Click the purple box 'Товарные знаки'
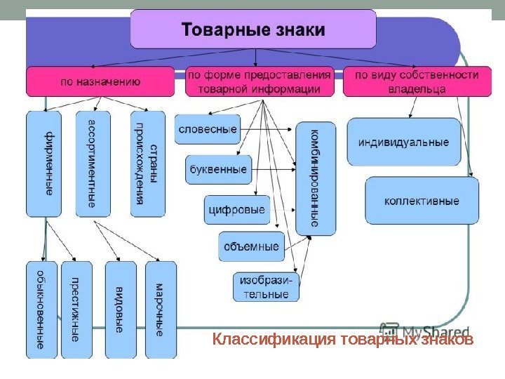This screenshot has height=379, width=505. point(253,29)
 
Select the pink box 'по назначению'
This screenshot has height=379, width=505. point(100,81)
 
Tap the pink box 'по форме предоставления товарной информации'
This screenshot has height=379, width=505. point(260,81)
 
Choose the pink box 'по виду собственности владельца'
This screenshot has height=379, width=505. point(416,81)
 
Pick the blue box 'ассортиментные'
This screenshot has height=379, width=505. point(93,163)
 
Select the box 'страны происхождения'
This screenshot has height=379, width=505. point(147,163)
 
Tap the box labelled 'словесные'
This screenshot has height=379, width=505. point(208,129)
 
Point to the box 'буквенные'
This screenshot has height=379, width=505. point(217,169)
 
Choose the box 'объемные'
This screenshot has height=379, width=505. point(251,246)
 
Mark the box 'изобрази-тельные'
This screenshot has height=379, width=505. point(266,286)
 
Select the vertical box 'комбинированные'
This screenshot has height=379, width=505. point(316,178)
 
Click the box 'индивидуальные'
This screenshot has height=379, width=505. point(403,142)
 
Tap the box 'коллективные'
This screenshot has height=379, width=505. point(422,201)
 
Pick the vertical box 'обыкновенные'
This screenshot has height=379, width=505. point(41,309)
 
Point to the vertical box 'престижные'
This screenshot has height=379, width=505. point(76,309)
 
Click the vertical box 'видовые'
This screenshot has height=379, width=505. point(120,309)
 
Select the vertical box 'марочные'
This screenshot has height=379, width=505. point(161,309)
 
